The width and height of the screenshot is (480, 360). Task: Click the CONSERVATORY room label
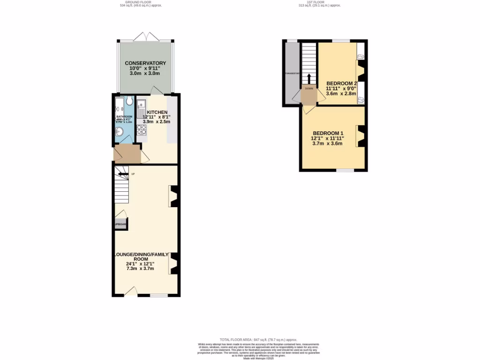(x=145, y=63)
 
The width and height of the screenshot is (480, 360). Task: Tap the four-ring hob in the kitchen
(x=141, y=130)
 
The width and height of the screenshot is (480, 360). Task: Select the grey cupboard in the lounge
(x=120, y=224)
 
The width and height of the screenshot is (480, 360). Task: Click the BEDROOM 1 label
(x=327, y=133)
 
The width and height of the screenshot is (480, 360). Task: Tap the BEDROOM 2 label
(x=342, y=83)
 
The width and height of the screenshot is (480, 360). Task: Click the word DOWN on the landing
(x=309, y=88)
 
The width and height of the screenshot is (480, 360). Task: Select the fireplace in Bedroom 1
(x=360, y=136)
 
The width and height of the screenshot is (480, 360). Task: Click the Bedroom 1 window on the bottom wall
(x=345, y=171)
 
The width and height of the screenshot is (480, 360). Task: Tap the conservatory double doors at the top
(x=146, y=37)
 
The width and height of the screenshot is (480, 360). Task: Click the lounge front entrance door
(x=130, y=292)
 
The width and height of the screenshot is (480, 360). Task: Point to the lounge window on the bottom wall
(x=159, y=295)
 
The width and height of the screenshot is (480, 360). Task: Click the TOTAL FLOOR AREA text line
(x=258, y=339)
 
